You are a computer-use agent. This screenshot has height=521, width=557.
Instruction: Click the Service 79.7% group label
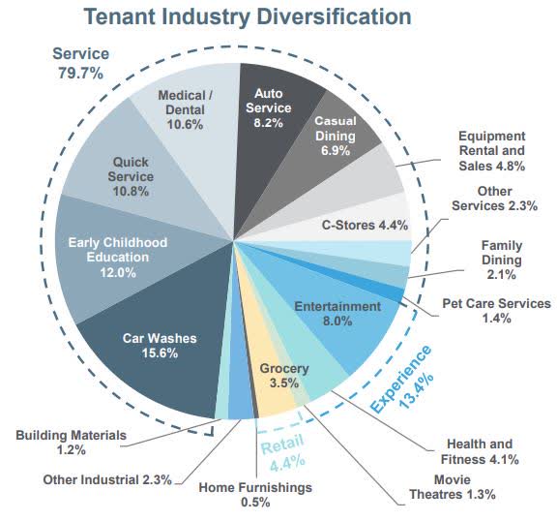pyautogui.click(x=80, y=63)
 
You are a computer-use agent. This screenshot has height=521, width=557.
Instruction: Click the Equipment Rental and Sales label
pyautogui.click(x=491, y=150)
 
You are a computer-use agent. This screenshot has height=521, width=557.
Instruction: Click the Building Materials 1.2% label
pyautogui.click(x=71, y=443)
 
